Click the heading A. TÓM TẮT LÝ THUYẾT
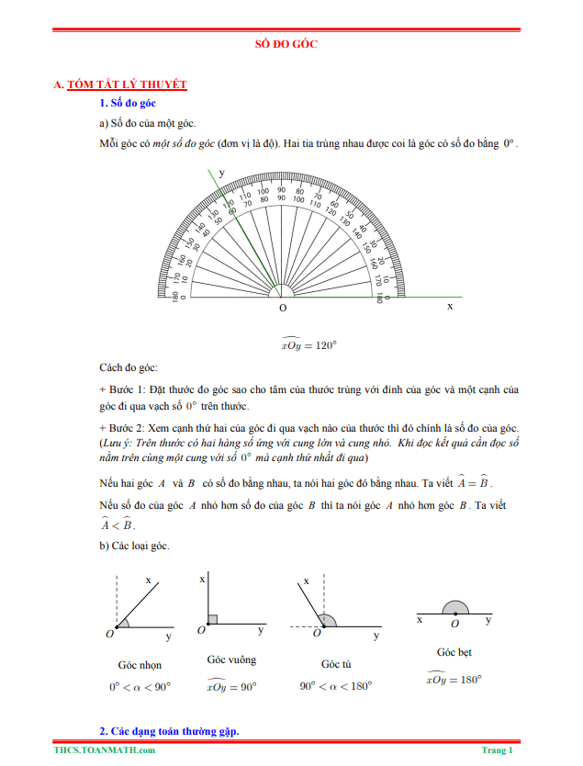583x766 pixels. point(120,84)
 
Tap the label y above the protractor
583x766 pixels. point(221,173)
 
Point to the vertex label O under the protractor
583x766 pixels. point(282,309)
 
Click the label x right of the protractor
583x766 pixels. point(450,306)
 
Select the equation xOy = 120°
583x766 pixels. point(309,344)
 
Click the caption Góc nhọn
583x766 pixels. point(140,664)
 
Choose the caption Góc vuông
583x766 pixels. point(231,659)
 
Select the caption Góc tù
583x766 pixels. point(336,664)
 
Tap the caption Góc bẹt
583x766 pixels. point(454,652)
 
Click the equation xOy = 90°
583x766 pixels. point(231,685)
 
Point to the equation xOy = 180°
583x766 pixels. point(454,679)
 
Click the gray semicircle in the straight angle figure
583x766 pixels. point(455,607)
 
